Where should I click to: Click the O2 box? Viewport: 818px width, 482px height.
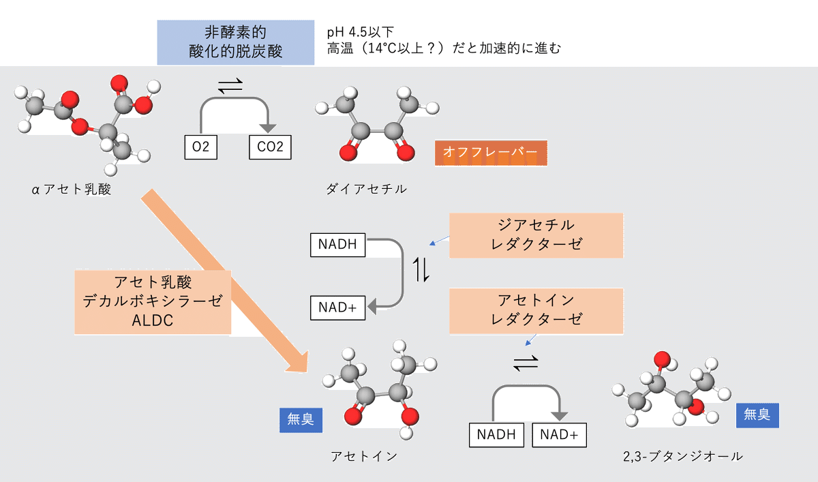[x=201, y=147]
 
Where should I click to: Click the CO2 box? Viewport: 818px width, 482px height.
[x=270, y=147]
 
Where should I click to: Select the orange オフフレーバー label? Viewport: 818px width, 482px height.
[x=491, y=152]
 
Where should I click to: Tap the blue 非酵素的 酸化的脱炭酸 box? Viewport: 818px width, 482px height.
[x=236, y=42]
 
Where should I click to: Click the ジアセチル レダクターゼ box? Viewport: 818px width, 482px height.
[x=536, y=235]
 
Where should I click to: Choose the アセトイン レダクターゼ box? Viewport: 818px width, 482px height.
[x=536, y=310]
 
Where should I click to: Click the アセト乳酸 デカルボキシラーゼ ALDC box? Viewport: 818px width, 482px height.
[x=153, y=301]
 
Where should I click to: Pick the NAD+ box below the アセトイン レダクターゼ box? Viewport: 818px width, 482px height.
[x=558, y=434]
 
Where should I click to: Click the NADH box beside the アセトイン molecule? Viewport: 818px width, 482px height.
[x=497, y=434]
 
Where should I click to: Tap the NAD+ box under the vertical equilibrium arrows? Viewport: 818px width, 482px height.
[x=337, y=307]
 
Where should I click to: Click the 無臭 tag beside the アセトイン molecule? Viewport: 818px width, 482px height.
[x=301, y=419]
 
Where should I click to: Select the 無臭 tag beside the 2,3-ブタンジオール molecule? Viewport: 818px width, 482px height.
[x=757, y=415]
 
